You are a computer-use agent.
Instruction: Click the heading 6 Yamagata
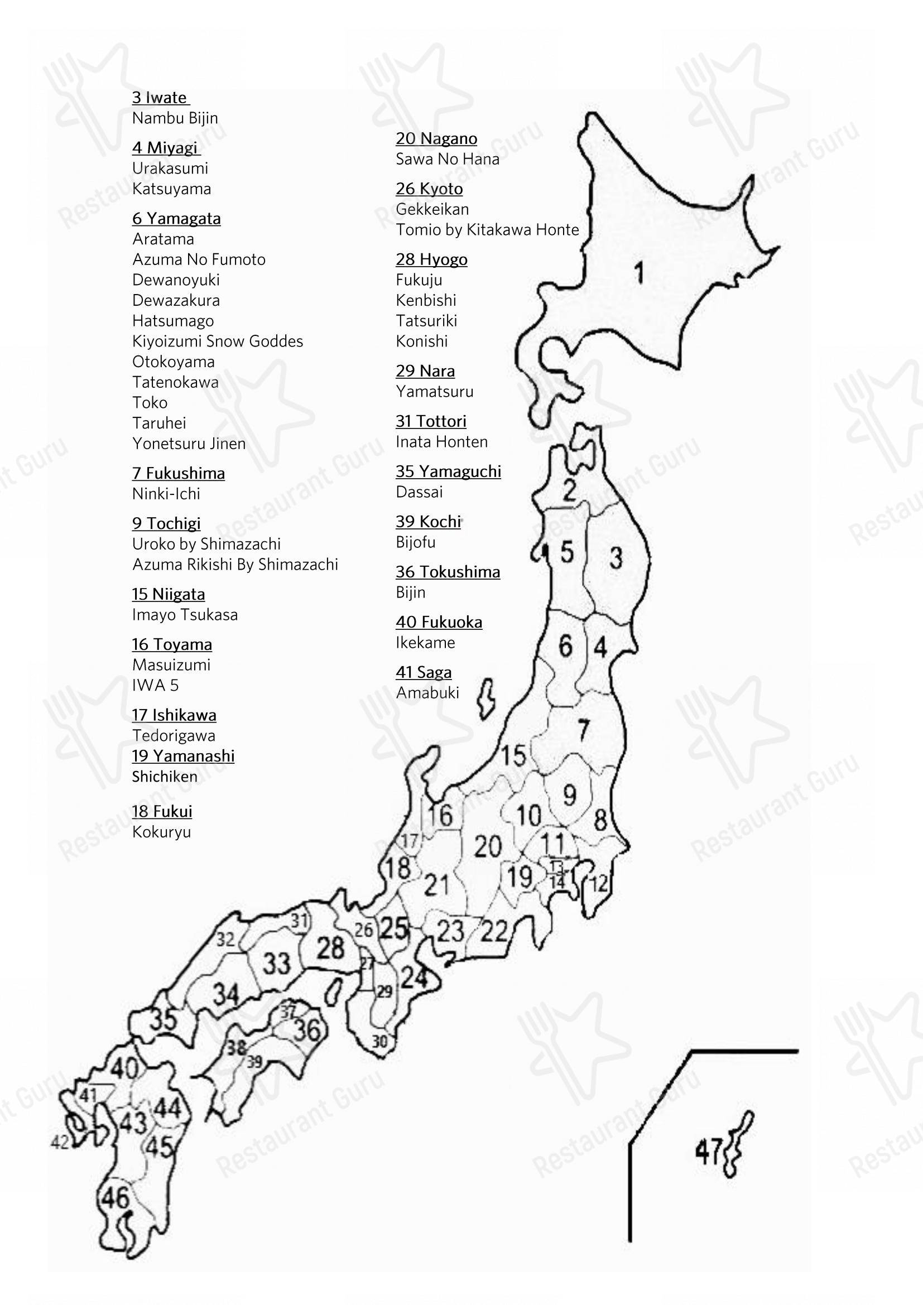(x=176, y=219)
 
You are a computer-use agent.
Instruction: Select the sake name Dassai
(x=419, y=492)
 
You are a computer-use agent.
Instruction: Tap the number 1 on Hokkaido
(x=640, y=272)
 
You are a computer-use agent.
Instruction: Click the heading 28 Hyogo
(x=431, y=260)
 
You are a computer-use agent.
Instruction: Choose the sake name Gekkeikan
(x=432, y=209)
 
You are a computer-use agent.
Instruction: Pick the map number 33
(x=277, y=964)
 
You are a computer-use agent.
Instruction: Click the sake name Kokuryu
(x=161, y=832)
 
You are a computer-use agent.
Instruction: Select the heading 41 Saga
(x=424, y=672)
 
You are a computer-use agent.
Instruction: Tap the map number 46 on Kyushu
(x=116, y=1198)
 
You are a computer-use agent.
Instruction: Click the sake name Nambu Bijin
(x=175, y=118)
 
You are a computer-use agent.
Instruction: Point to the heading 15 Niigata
(x=168, y=595)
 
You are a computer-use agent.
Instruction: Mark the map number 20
(x=488, y=847)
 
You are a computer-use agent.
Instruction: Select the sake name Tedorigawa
(x=174, y=736)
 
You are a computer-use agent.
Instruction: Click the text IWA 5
(x=155, y=686)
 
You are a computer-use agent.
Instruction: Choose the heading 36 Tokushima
(x=448, y=572)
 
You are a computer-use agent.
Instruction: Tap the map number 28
(x=330, y=947)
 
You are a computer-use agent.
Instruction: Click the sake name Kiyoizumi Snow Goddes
(x=218, y=341)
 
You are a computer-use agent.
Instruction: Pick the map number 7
(x=584, y=730)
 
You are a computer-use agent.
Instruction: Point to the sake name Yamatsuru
(x=434, y=392)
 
